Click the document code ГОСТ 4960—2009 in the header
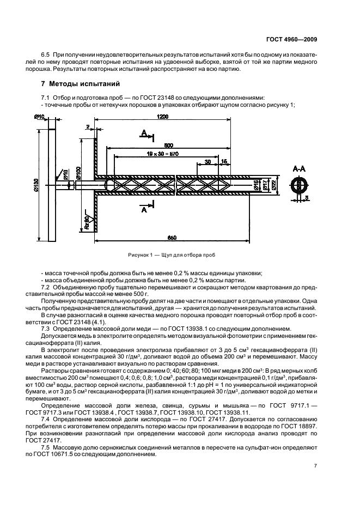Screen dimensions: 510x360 295,39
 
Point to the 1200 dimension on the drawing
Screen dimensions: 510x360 161,117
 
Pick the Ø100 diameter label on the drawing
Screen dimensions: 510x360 78,174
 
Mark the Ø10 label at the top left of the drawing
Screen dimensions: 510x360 39,117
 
